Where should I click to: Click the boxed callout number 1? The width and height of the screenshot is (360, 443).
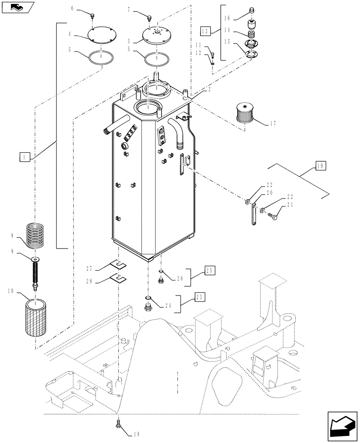(25, 156)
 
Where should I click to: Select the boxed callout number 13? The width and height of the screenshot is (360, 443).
(204, 31)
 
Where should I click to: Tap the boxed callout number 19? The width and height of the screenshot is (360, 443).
(320, 167)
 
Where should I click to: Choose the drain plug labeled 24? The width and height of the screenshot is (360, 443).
(148, 307)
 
